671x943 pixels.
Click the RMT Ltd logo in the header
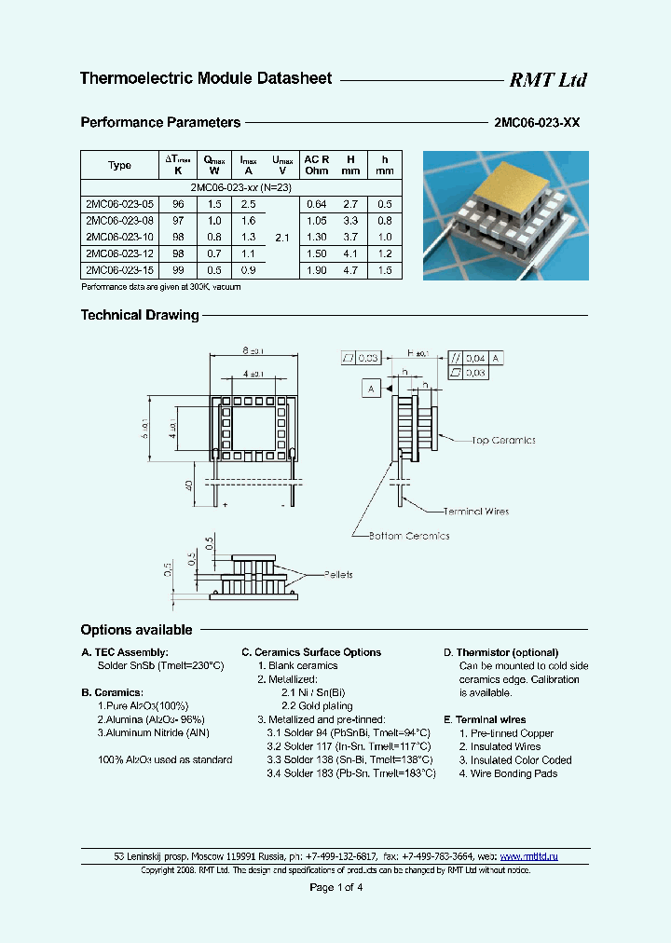click(547, 80)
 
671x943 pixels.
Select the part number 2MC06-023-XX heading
click(536, 122)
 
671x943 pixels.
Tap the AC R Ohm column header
click(318, 165)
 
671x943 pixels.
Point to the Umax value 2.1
click(283, 238)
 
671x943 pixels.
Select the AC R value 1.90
click(317, 271)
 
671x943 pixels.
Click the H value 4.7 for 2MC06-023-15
click(350, 271)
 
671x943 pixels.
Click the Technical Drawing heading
click(140, 315)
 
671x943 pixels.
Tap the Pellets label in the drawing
click(337, 575)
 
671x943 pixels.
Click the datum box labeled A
click(372, 389)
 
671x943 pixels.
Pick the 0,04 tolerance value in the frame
click(475, 358)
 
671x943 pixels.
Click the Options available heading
click(136, 630)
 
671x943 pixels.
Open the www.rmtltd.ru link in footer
click(528, 855)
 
